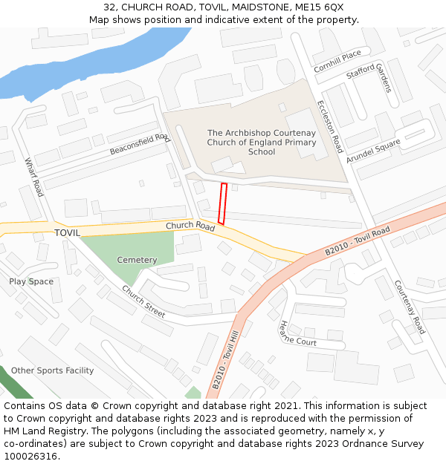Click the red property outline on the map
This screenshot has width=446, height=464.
(x=222, y=203)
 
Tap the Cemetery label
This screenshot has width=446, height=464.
(x=137, y=260)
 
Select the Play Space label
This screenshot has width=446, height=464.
(x=31, y=281)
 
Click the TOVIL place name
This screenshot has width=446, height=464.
(x=67, y=232)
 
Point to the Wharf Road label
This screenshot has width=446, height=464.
(x=34, y=177)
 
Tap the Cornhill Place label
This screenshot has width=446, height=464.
(x=337, y=61)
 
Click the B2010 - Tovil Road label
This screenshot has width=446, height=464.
(x=357, y=242)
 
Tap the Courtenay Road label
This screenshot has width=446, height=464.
(x=410, y=306)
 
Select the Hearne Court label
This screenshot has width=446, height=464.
(x=297, y=333)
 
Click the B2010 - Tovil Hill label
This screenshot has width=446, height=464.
(x=227, y=360)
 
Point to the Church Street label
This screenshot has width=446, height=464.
(x=143, y=301)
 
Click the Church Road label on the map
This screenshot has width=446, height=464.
(x=190, y=226)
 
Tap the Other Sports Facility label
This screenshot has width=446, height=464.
(x=52, y=370)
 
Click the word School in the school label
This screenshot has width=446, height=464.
(x=262, y=151)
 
